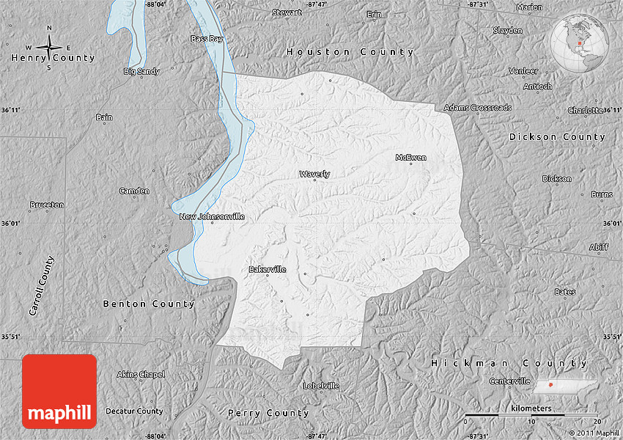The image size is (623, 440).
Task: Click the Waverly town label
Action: point(314,174)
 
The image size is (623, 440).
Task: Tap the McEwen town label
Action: point(410,158)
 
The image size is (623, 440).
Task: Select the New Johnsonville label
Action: point(212,216)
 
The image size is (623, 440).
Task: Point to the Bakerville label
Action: point(268,269)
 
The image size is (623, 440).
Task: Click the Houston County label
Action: point(350,52)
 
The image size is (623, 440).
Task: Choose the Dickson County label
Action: point(557,137)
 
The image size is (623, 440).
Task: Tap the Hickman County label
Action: point(509,363)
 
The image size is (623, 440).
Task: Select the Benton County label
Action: point(149,304)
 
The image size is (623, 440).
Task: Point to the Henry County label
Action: point(53,58)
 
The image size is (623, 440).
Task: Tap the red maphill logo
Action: point(59,392)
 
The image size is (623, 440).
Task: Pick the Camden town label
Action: point(134,191)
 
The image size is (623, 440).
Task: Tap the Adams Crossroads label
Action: point(477,108)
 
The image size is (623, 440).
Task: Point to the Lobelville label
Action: point(321,386)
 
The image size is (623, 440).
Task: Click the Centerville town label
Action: point(509,381)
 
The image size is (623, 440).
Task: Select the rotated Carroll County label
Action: point(41,286)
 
